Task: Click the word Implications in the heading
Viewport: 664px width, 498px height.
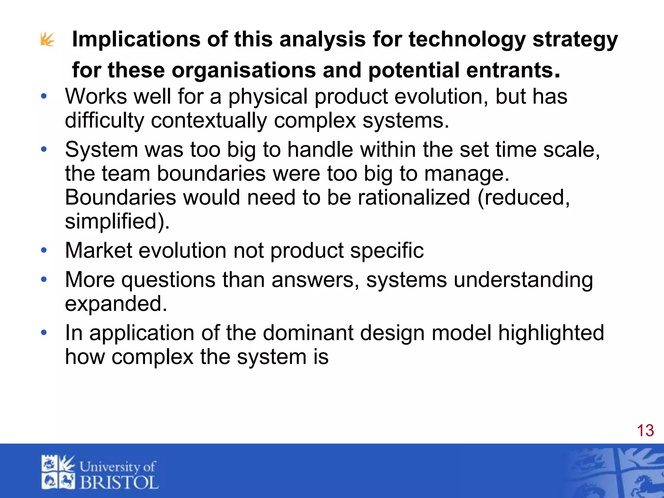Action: coord(136,40)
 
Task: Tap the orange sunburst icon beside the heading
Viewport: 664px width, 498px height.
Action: coord(47,40)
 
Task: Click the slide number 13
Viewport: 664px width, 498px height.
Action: coord(645,431)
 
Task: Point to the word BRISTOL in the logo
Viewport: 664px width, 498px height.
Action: coord(119,482)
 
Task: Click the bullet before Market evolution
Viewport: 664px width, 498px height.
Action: coord(44,250)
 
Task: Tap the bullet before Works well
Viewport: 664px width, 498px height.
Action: coord(44,96)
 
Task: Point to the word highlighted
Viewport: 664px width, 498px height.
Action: coord(551,333)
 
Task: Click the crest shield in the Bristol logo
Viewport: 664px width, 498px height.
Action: coord(58,472)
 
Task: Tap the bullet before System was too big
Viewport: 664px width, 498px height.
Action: coord(44,149)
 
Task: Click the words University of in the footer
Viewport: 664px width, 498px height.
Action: coord(117,467)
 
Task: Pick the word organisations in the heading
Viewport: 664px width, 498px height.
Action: coord(243,70)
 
